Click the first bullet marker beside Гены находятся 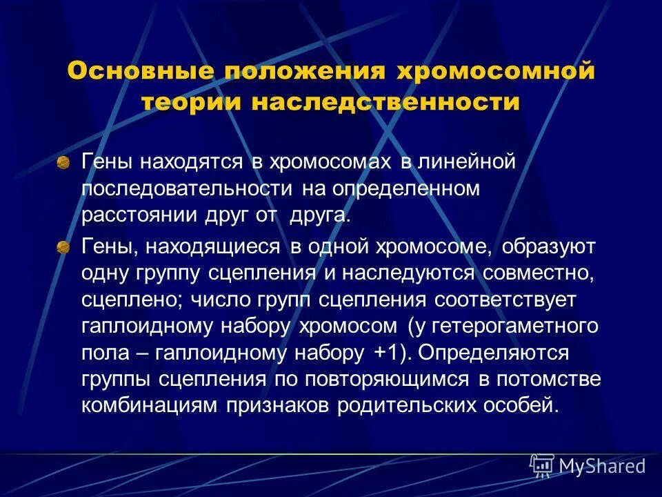click(x=63, y=144)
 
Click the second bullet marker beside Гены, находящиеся click(x=63, y=247)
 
